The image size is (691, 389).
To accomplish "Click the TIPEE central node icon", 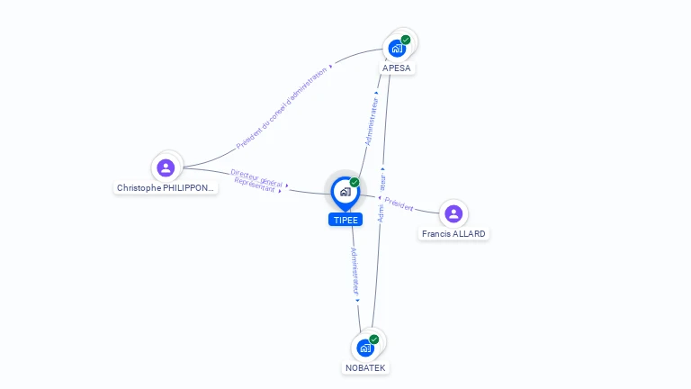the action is coord(344,192).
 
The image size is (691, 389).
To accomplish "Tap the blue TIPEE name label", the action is coord(345,220).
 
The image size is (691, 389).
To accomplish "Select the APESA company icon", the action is coord(396,49).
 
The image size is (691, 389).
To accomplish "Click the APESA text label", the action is coord(398,68).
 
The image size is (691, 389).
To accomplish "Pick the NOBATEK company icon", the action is coord(364,348).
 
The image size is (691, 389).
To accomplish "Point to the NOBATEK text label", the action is coord(366,367).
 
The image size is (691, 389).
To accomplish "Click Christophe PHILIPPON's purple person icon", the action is coord(166,167).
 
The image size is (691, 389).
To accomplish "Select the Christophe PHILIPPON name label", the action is coord(166,188).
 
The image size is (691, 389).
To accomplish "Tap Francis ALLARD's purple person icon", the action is coord(453,213).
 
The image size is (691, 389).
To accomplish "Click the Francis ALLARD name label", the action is coord(454,234).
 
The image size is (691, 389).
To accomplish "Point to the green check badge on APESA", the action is coord(406,40).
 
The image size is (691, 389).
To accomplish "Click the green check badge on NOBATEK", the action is coord(374,339).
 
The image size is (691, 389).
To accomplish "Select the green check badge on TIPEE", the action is coord(354,182).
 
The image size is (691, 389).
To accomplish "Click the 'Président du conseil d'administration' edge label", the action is coord(281,108).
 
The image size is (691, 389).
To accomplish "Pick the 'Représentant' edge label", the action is coord(255,184).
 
